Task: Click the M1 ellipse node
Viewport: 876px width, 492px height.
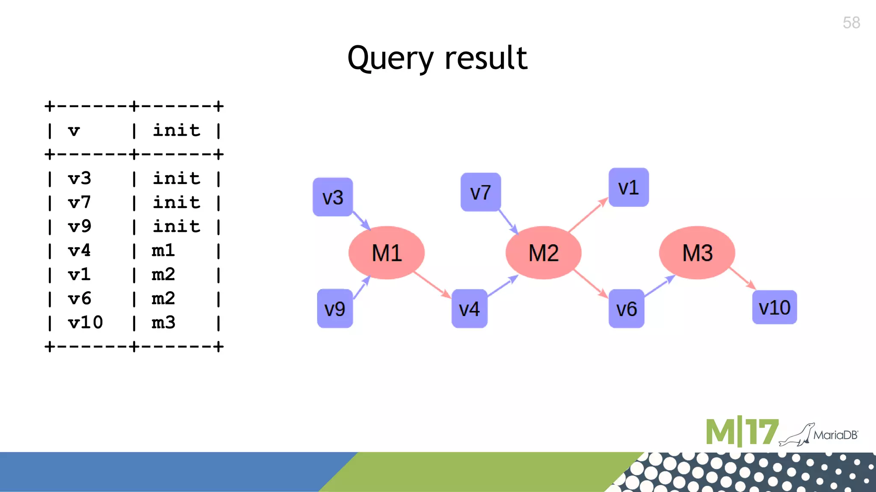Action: tap(387, 252)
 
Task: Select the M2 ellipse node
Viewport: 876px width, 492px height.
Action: tap(543, 252)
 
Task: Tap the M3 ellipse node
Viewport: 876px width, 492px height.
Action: tap(697, 252)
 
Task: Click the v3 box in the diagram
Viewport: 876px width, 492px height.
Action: tap(333, 197)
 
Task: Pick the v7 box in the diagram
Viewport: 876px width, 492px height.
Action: tap(480, 192)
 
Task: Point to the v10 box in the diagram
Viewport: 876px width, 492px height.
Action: tap(774, 307)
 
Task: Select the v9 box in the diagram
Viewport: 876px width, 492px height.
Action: tap(334, 308)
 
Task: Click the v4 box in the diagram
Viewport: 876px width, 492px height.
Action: tap(469, 308)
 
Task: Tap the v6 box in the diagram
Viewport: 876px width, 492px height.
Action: tap(626, 308)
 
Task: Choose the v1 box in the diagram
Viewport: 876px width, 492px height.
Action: tap(628, 187)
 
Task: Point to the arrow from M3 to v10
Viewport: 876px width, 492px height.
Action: tap(743, 278)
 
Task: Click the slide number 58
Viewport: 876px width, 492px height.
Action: tap(851, 23)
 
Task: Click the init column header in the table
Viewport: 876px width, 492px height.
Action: tap(176, 130)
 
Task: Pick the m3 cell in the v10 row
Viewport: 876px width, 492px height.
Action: tap(163, 322)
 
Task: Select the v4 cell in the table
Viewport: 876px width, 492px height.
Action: tap(80, 250)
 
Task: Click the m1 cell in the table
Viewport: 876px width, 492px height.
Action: tap(163, 250)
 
